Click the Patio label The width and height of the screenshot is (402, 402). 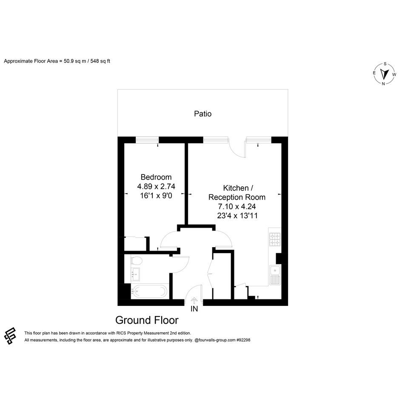pos(202,114)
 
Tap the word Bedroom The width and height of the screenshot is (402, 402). pos(156,177)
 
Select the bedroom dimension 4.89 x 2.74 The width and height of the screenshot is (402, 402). pos(156,186)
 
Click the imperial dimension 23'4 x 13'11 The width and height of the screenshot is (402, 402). pos(237,216)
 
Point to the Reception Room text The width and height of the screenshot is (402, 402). pos(237,197)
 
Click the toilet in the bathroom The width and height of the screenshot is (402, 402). pos(137,261)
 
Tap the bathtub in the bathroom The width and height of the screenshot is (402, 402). pos(149,291)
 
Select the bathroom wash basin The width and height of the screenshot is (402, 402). pos(135,274)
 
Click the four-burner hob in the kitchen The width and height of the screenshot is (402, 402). pos(275,239)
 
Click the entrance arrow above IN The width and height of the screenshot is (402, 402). pos(194,300)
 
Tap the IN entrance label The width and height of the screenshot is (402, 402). pos(194,309)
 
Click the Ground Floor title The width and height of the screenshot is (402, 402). pos(147,320)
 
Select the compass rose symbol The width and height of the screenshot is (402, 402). pos(384,74)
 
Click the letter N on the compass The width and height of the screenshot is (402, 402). pos(383,83)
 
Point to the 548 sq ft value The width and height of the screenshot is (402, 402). pos(100,61)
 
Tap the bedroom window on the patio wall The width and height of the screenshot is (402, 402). pos(147,140)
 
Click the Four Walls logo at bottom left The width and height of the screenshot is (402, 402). pos(10,336)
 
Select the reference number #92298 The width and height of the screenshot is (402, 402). pos(243,340)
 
